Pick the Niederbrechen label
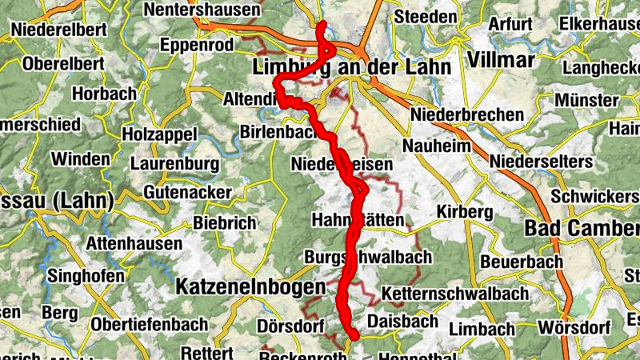[x=467, y=115]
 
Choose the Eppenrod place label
[x=195, y=46]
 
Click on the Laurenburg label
[x=174, y=164]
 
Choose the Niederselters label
[x=545, y=162]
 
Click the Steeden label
[x=425, y=16]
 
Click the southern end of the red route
[x=353, y=336]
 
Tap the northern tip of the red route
[x=322, y=25]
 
